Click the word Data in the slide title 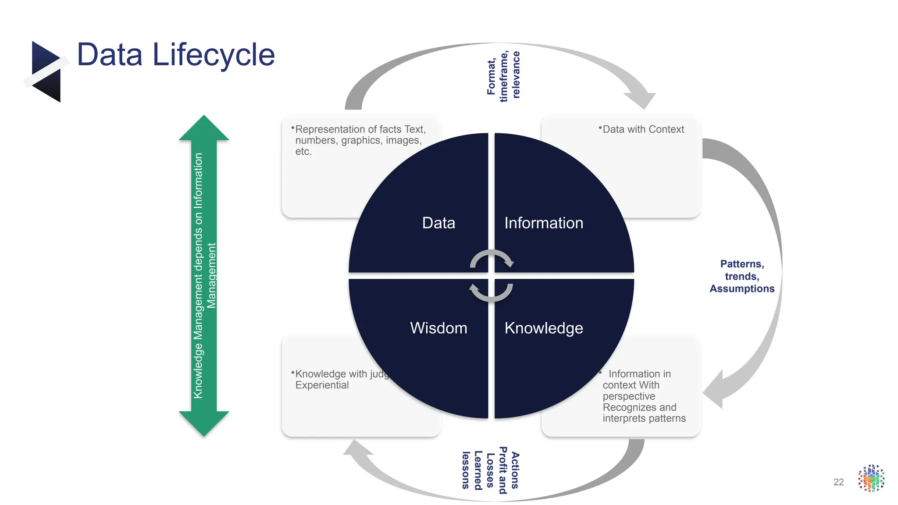coord(110,55)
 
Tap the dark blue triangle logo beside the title coord(46,71)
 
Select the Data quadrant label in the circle coord(438,223)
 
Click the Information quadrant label coord(544,223)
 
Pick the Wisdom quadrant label coord(438,328)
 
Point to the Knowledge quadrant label coord(544,328)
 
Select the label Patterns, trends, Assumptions coord(742,276)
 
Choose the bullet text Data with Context coord(643,129)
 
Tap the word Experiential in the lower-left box coord(322,385)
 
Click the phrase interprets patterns coord(644,418)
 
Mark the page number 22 coord(838,482)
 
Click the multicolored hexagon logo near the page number coord(871,478)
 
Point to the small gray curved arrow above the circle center coord(491,258)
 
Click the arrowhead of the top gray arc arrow coord(642,100)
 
